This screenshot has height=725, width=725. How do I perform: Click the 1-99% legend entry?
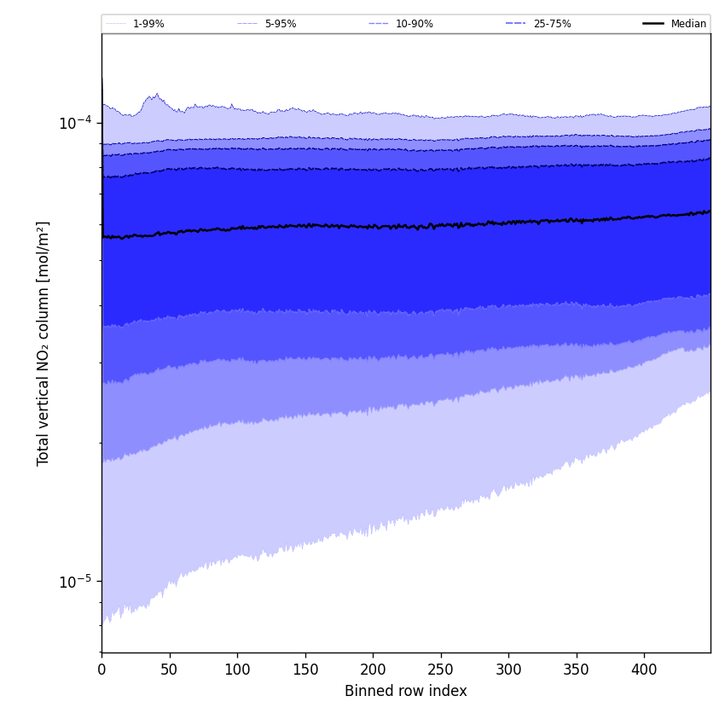click(x=148, y=24)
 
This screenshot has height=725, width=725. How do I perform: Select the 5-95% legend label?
click(x=280, y=24)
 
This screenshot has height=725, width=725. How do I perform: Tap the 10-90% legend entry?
click(x=414, y=24)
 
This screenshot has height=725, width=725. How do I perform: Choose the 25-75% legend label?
click(x=552, y=24)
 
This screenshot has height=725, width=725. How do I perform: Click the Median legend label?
click(x=688, y=24)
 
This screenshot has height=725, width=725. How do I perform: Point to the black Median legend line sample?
click(x=653, y=24)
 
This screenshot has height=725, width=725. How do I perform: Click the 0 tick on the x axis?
click(x=101, y=670)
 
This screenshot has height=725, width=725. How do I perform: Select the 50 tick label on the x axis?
click(x=169, y=670)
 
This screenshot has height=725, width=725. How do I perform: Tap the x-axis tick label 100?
click(x=237, y=670)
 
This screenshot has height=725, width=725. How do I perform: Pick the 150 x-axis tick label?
click(x=304, y=670)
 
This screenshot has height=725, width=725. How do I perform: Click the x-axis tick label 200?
click(x=373, y=670)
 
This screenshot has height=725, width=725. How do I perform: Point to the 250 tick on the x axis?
click(x=440, y=670)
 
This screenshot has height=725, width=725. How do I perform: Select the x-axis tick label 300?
click(x=508, y=670)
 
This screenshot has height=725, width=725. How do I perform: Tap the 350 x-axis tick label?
click(x=576, y=670)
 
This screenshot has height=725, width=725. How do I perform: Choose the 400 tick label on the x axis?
click(x=644, y=670)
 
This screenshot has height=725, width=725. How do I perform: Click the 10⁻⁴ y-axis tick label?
click(x=75, y=122)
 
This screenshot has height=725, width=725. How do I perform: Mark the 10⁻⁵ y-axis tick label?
click(x=75, y=582)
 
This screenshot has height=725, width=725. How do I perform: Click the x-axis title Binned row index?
click(x=406, y=692)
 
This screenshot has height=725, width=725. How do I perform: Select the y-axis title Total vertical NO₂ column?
click(x=43, y=343)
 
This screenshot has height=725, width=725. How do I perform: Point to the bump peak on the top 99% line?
click(x=156, y=94)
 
